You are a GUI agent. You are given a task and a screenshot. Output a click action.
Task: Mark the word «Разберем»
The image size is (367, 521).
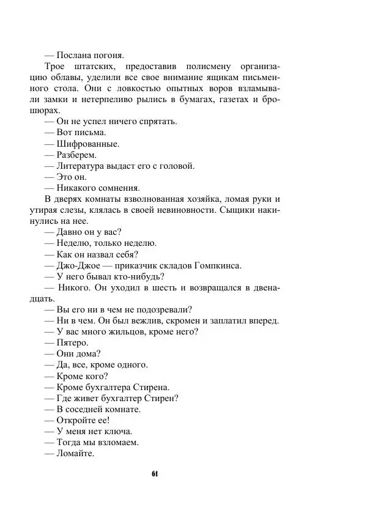tap(77, 155)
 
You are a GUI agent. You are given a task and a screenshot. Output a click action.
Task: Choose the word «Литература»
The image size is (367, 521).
tap(81, 166)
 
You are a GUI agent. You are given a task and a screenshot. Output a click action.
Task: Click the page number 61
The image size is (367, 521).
tap(155, 474)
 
